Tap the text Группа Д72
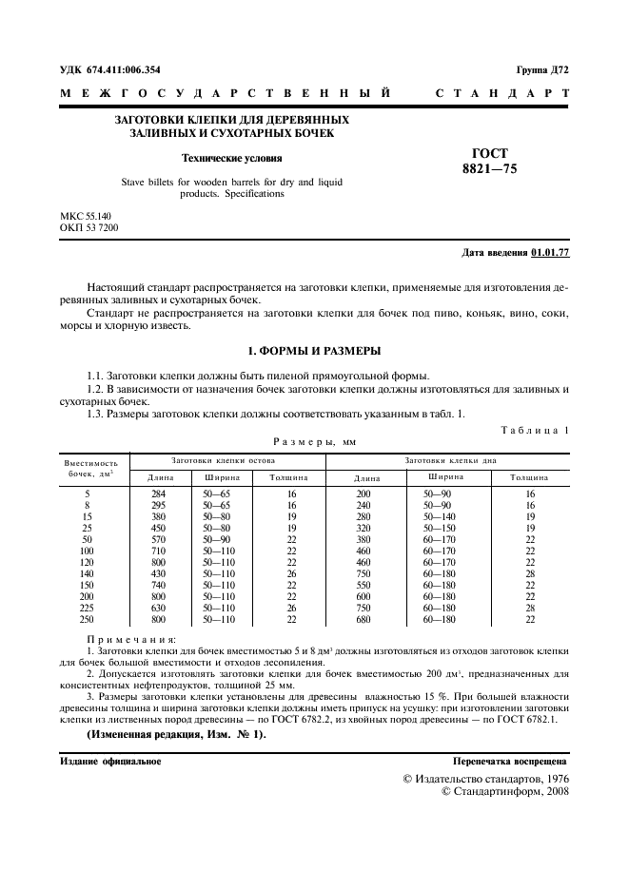click(x=542, y=71)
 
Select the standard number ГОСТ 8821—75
click(x=490, y=162)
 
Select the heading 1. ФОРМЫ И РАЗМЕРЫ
click(x=314, y=351)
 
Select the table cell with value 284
click(x=159, y=493)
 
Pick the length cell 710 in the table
click(x=159, y=550)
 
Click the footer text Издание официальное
click(x=110, y=762)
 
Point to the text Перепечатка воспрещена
click(x=510, y=762)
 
